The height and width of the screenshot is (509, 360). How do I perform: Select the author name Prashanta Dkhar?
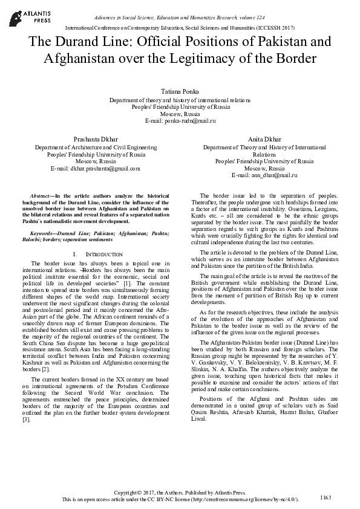coord(96,138)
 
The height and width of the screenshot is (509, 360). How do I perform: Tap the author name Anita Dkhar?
coord(264,138)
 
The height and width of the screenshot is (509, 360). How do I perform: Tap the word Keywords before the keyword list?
coord(44,233)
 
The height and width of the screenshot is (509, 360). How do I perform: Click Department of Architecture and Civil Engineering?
coord(96,147)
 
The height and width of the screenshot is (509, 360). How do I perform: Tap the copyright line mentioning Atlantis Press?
coord(180,493)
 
